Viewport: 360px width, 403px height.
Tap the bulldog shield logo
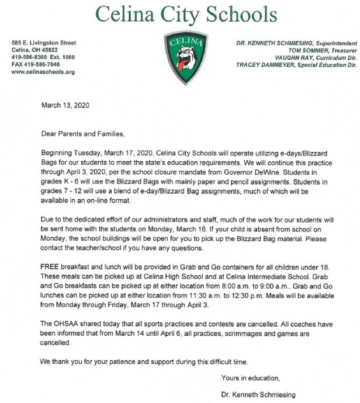click(185, 56)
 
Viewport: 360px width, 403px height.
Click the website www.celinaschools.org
click(43, 72)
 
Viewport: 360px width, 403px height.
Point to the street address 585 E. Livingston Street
click(44, 43)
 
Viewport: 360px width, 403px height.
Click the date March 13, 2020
click(65, 106)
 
